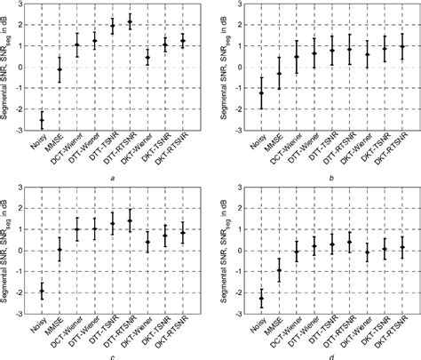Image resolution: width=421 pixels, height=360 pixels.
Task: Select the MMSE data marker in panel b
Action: point(279,74)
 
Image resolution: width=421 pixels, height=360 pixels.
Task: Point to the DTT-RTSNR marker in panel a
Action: point(130,21)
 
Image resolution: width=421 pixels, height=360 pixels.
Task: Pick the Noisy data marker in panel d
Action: point(261,298)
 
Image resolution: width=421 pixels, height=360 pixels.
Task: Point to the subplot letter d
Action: point(330,355)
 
